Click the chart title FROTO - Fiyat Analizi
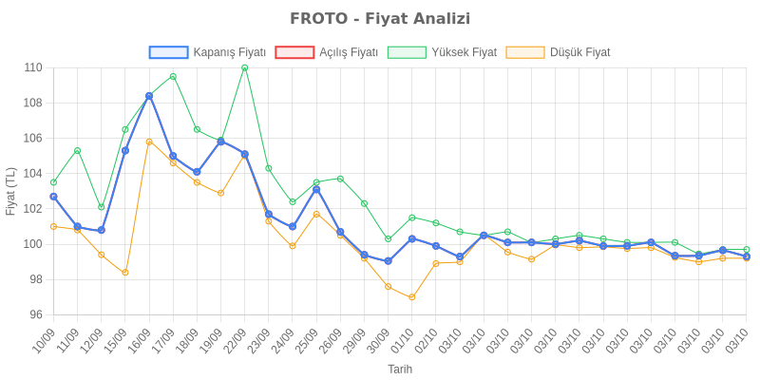click(380, 19)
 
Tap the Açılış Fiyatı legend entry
click(328, 52)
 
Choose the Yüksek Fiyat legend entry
click(442, 52)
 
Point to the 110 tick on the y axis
click(33, 67)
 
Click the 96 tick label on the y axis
click(35, 314)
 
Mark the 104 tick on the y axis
click(33, 173)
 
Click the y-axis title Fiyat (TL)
click(10, 191)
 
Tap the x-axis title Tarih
click(399, 368)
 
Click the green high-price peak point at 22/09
click(244, 67)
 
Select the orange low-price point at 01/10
click(411, 297)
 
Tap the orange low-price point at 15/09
click(125, 273)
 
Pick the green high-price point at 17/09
click(173, 76)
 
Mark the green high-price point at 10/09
click(53, 181)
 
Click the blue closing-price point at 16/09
click(149, 96)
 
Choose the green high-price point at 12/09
click(102, 206)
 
